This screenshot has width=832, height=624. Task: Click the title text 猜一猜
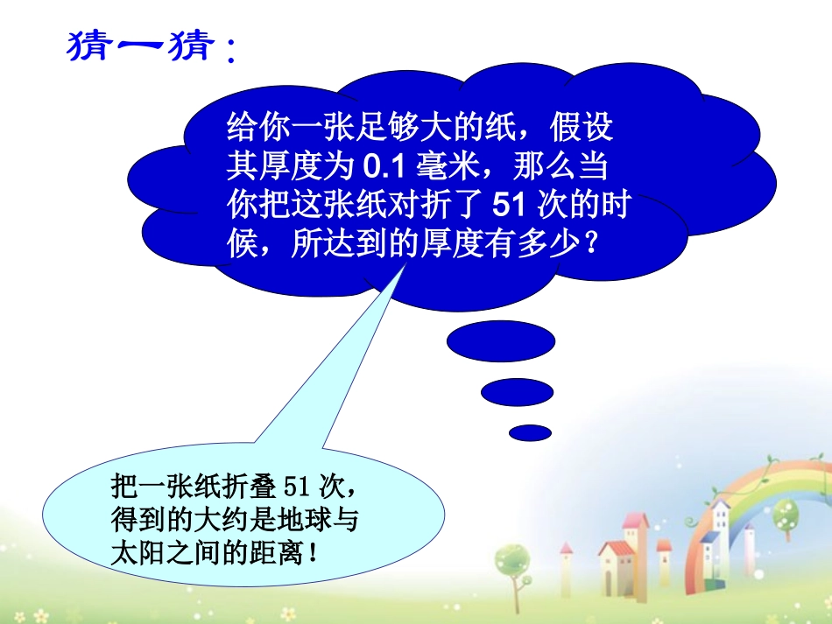tap(140, 45)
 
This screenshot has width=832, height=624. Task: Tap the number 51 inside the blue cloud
tap(508, 205)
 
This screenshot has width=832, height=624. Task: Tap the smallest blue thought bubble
tap(529, 432)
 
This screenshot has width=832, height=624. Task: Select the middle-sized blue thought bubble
tap(517, 391)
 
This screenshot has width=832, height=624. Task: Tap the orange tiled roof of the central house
tap(617, 547)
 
